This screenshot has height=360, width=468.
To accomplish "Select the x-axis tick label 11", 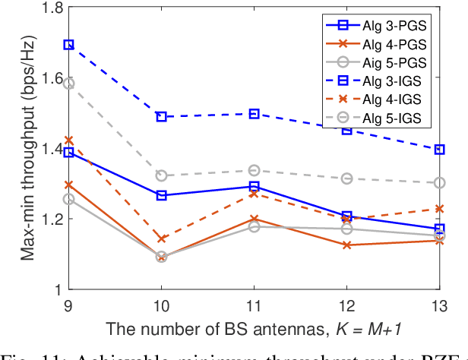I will (x=254, y=302).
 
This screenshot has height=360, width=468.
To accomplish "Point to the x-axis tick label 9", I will (x=68, y=302).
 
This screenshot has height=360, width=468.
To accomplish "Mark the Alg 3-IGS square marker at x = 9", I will (x=68, y=45).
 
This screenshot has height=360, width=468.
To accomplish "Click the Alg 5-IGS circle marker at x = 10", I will (x=161, y=175).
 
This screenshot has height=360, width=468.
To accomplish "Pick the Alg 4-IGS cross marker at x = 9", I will (x=68, y=141).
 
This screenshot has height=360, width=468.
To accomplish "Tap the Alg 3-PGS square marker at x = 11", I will (x=254, y=186).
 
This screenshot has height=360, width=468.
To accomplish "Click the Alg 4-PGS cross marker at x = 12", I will (x=347, y=245).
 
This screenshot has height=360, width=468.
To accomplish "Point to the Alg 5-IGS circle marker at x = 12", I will (x=347, y=178).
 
